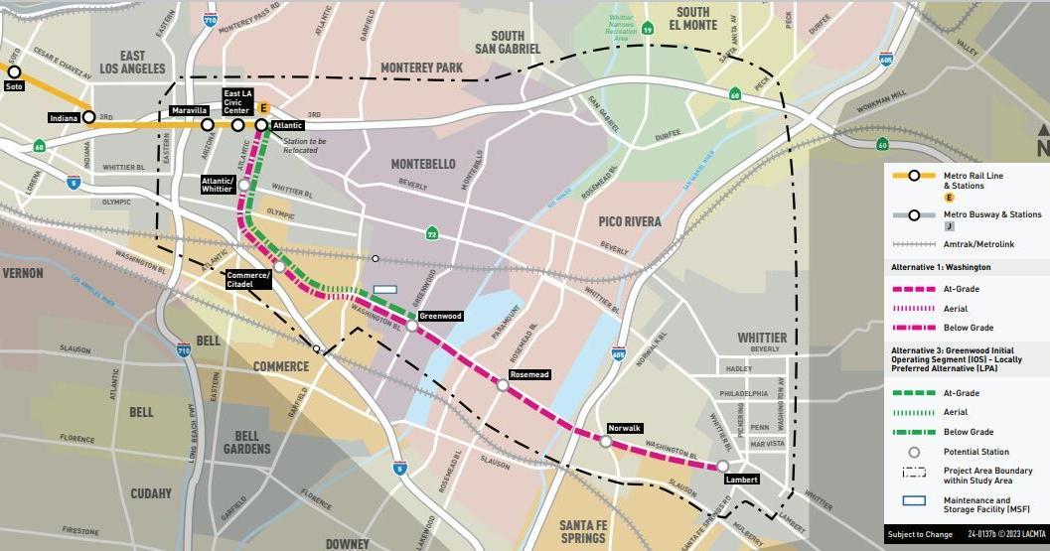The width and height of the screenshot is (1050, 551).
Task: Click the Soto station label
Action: pos(14,86)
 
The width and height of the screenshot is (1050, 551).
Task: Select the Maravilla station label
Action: pos(189,110)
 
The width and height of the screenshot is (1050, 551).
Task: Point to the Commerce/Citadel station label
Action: pos(248,279)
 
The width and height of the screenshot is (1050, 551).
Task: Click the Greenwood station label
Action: pos(440,316)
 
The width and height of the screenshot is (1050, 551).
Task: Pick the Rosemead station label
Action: pos(528,375)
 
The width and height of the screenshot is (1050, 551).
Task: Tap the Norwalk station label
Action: pos(626,428)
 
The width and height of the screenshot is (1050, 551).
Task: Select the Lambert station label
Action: pos(742,480)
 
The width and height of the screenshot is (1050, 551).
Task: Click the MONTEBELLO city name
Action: pos(422,164)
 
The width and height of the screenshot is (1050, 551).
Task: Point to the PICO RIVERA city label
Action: pos(630,221)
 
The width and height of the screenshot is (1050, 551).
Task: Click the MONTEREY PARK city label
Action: pos(422,68)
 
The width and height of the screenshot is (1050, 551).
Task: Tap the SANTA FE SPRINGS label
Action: pos(582,531)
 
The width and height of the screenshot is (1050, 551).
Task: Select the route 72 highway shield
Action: pos(431,234)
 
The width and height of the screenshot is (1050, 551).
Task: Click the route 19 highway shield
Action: pos(647,29)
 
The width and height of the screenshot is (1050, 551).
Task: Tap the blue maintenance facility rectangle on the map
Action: pos(384,291)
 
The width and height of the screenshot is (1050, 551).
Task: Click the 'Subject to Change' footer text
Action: pos(919,535)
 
